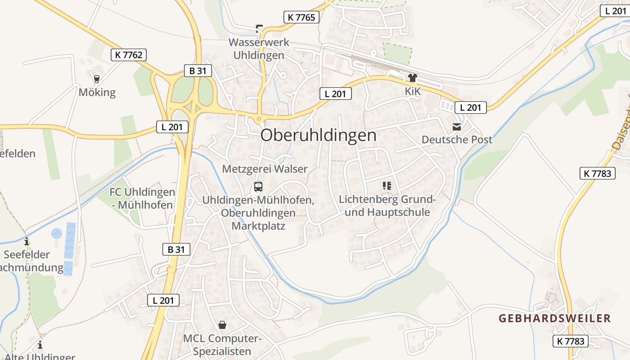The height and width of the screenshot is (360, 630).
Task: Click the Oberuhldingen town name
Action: click(x=318, y=135)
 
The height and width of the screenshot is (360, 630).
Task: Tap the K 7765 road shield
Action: click(x=301, y=18)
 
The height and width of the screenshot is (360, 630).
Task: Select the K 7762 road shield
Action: click(x=128, y=55)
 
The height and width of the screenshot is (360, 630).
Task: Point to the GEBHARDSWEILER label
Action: click(x=554, y=319)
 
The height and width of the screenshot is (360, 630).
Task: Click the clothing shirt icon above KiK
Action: click(x=412, y=78)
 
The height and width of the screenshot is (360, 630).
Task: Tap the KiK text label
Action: click(x=412, y=91)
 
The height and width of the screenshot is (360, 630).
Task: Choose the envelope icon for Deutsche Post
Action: click(x=457, y=127)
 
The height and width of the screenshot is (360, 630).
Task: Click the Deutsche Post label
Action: click(x=457, y=139)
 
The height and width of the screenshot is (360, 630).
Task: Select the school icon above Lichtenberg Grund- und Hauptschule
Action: click(x=387, y=185)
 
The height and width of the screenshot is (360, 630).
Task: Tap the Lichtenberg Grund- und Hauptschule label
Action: click(x=387, y=205)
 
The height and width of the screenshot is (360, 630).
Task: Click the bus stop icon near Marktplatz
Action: click(x=258, y=186)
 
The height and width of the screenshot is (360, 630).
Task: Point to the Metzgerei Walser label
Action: click(x=265, y=169)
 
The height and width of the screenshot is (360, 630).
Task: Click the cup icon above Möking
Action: click(x=96, y=79)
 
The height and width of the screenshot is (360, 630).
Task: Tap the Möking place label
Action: click(x=97, y=92)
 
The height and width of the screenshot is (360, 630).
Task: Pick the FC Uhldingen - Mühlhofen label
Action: click(x=142, y=198)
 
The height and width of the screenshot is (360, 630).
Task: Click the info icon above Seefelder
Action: click(x=27, y=241)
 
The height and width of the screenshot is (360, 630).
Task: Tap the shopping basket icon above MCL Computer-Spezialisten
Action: click(x=222, y=324)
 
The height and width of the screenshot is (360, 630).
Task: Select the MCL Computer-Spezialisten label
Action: click(x=222, y=345)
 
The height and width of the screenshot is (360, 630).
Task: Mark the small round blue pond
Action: click(x=57, y=234)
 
